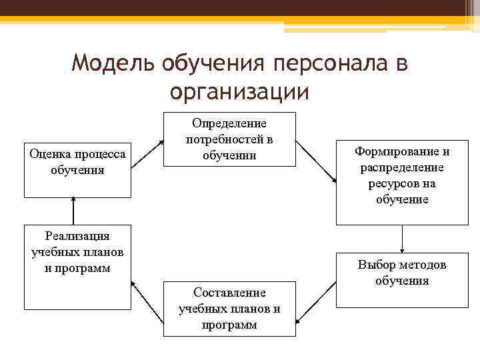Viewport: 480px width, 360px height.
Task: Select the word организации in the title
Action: tap(239, 91)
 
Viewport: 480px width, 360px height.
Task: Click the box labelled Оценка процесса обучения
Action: tap(78, 170)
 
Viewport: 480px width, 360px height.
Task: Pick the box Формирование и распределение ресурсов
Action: tap(402, 183)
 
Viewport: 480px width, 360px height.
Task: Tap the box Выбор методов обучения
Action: tap(402, 280)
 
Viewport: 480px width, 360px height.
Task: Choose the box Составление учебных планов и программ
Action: tap(229, 309)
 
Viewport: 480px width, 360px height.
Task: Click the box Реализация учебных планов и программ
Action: tap(78, 267)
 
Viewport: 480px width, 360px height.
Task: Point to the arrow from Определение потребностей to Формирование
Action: tap(316, 160)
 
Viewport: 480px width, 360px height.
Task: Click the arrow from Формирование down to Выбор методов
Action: tap(402, 239)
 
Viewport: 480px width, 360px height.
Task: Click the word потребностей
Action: tap(230, 139)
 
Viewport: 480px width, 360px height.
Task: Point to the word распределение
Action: tap(402, 167)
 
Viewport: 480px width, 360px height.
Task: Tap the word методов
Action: tap(420, 265)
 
